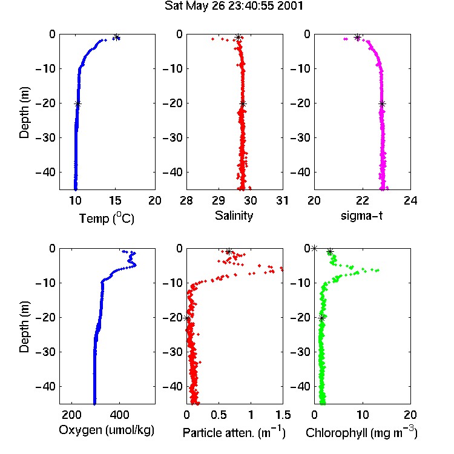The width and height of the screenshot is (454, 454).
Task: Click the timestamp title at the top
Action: (234, 6)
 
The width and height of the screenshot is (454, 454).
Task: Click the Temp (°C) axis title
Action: (107, 218)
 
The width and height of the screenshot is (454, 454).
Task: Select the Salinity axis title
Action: (234, 215)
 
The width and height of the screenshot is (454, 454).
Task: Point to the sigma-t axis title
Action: (361, 216)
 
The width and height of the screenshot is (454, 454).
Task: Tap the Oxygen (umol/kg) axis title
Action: (107, 430)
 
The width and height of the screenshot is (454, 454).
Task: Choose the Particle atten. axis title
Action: (234, 432)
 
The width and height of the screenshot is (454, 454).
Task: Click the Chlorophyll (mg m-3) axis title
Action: (361, 432)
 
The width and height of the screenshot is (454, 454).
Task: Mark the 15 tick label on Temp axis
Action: (115, 200)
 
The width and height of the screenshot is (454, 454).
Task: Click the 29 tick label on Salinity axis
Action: (219, 200)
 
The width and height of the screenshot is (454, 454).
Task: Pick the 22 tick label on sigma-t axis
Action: (363, 200)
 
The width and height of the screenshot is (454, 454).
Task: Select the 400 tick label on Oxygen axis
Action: (120, 415)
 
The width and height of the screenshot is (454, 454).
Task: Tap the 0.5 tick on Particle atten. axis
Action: (219, 415)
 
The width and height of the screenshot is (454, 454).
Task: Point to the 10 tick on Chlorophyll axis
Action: (363, 415)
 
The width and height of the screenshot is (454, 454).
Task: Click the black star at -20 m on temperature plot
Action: (77, 104)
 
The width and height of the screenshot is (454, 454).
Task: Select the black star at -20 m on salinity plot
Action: (243, 104)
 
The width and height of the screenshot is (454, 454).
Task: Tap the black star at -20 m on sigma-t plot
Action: (382, 104)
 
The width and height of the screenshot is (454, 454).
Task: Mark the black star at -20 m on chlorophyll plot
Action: (321, 318)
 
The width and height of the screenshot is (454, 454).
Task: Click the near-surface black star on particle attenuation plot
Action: (229, 252)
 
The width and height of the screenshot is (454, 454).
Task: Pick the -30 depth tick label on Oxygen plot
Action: (46, 352)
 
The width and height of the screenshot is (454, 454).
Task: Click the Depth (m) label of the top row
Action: (24, 113)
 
